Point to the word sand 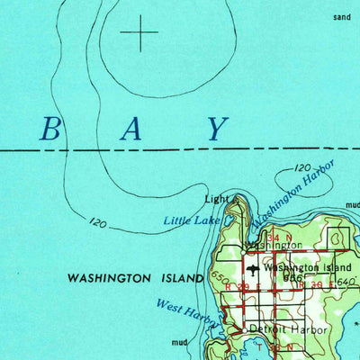(x=340, y=17)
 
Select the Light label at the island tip (x=216, y=199)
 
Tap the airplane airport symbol (x=255, y=268)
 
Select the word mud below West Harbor (x=180, y=342)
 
